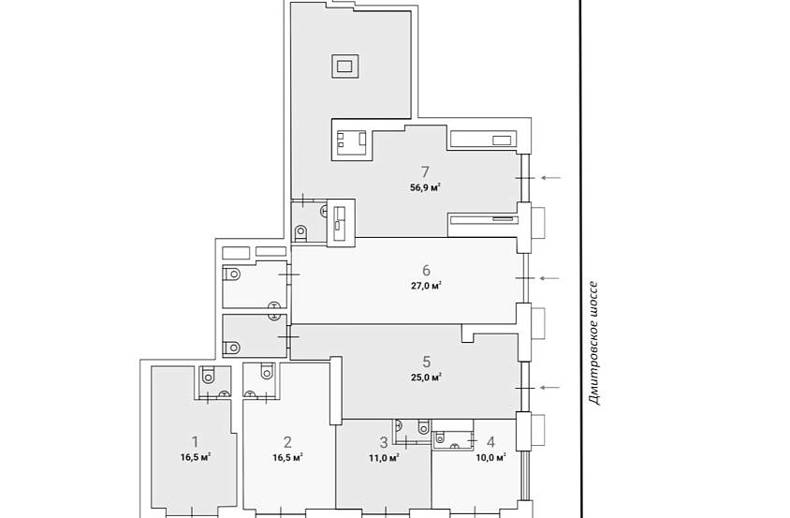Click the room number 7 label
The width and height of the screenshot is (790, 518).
(x=426, y=172)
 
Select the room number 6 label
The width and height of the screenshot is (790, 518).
(x=426, y=271)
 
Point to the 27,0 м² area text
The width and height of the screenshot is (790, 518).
(x=426, y=286)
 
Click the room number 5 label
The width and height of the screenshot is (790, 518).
(x=426, y=362)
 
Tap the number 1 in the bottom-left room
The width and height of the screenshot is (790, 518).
(x=196, y=442)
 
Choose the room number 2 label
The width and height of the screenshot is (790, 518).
(x=287, y=442)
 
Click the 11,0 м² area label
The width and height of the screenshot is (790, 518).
(x=384, y=458)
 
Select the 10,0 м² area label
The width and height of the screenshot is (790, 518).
(x=490, y=458)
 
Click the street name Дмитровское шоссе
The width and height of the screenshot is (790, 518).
(x=595, y=344)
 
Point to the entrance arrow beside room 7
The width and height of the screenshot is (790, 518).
(x=550, y=178)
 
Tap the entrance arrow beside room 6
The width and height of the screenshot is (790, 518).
(x=550, y=278)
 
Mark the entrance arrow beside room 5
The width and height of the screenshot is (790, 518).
(x=549, y=388)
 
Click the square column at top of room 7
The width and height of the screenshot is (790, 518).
(x=345, y=67)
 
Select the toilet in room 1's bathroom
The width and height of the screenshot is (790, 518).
(x=208, y=375)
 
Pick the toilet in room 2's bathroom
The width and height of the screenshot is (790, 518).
(x=267, y=371)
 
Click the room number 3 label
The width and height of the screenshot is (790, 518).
(x=384, y=442)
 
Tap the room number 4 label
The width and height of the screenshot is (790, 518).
(x=490, y=442)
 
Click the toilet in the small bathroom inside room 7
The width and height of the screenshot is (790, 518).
(x=300, y=232)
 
